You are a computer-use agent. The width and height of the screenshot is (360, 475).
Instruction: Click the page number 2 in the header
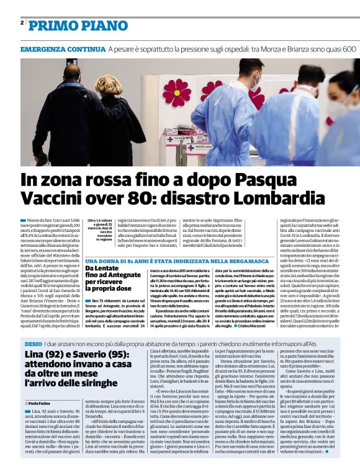(22, 23)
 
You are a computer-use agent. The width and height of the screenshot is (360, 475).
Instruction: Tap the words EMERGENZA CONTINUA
(62, 48)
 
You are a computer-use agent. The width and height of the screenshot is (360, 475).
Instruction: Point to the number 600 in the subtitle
(348, 48)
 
